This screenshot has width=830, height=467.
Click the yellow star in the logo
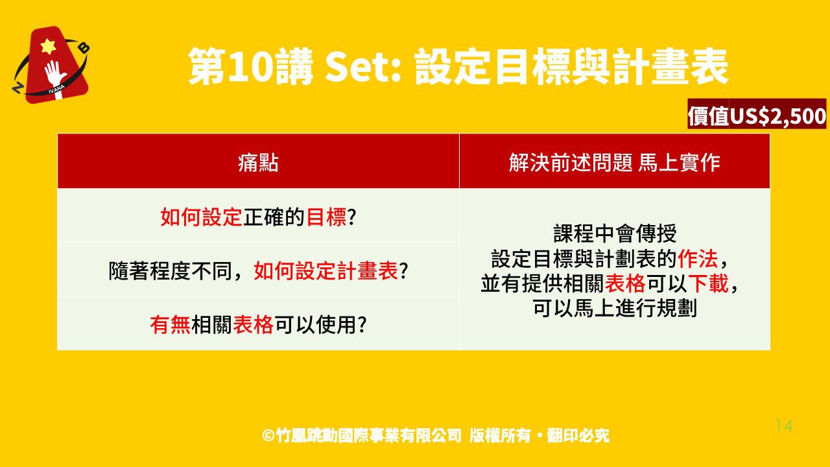pyautogui.click(x=48, y=46)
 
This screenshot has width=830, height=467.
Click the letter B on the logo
pyautogui.click(x=85, y=48)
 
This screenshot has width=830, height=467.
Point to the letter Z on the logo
pyautogui.click(x=17, y=88)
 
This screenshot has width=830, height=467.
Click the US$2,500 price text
pyautogui.click(x=777, y=115)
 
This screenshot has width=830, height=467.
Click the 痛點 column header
pyautogui.click(x=258, y=163)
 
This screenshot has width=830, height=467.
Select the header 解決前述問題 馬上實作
pyautogui.click(x=614, y=163)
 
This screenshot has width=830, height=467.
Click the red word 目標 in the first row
pyautogui.click(x=326, y=217)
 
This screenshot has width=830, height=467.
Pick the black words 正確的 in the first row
pyautogui.click(x=274, y=217)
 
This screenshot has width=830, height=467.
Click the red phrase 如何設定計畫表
pyautogui.click(x=326, y=270)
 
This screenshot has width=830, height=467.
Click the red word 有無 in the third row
pyautogui.click(x=171, y=325)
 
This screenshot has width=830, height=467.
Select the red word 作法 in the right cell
pyautogui.click(x=698, y=258)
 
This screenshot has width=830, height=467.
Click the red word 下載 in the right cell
pyautogui.click(x=708, y=283)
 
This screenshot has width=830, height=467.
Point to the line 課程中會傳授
pyautogui.click(x=615, y=233)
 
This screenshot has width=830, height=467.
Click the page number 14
pyautogui.click(x=784, y=425)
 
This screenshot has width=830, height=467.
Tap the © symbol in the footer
pyautogui.click(x=268, y=435)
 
